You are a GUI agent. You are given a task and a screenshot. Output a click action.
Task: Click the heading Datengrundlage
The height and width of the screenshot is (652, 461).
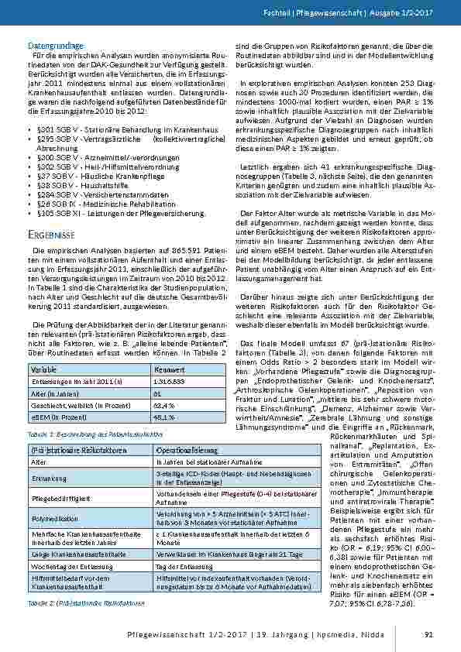pyautogui.click(x=56, y=46)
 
